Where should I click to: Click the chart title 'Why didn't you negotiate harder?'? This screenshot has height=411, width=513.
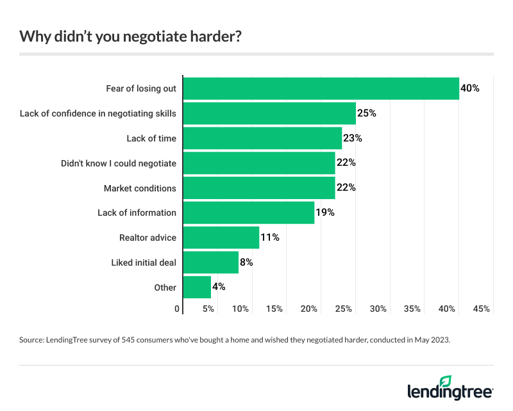130,36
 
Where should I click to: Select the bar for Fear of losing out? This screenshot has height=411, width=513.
321,88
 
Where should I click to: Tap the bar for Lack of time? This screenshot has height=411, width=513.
262,138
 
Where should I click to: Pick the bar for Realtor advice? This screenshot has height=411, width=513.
221,238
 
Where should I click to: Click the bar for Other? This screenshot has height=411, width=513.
197,287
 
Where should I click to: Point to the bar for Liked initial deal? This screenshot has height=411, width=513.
210,262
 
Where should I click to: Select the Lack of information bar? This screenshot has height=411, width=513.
248,213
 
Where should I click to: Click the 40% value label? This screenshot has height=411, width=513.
470,88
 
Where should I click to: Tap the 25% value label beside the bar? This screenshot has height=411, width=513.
366,113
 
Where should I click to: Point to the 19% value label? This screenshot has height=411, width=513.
325,213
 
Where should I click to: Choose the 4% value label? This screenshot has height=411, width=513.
218,287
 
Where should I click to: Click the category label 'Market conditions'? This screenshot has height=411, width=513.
140,188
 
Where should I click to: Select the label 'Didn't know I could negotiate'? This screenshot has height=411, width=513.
119,163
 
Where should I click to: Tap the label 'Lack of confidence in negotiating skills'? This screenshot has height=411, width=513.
98,113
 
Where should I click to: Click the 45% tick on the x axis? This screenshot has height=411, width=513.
481,309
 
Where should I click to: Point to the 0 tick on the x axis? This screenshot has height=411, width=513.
178,309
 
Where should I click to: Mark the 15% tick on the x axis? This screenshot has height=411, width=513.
274,309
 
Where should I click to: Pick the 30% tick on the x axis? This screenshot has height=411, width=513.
378,309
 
